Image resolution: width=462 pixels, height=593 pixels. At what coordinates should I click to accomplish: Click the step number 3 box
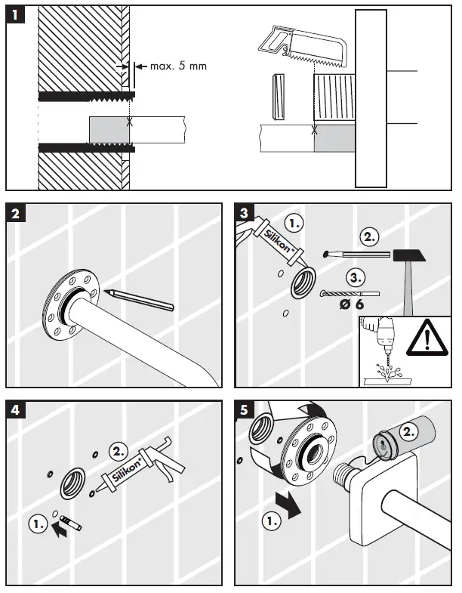coord(243,214)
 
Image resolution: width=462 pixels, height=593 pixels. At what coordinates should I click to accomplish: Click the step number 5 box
coord(243,412)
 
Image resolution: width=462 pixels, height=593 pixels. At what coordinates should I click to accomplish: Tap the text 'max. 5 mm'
coord(178,66)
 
